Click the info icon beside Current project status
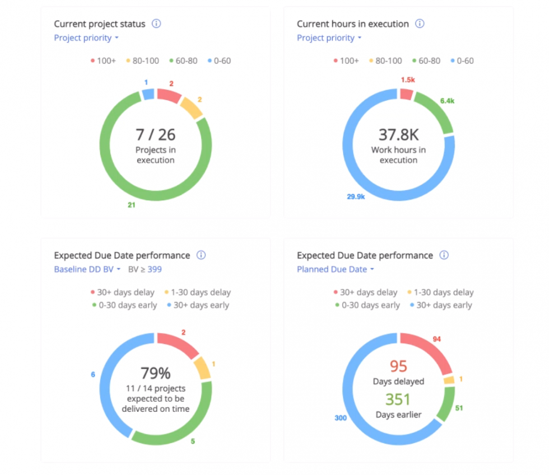156,24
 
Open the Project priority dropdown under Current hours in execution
329,38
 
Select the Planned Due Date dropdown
335,269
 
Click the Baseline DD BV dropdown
87,269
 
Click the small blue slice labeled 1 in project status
148,93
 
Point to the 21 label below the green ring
132,205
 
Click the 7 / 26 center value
155,134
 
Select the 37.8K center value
398,134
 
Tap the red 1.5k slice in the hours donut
406,93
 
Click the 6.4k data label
446,101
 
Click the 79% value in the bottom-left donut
155,373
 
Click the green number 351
398,399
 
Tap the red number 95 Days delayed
398,366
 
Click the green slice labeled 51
445,404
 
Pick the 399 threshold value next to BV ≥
155,269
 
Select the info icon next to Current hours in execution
420,24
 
